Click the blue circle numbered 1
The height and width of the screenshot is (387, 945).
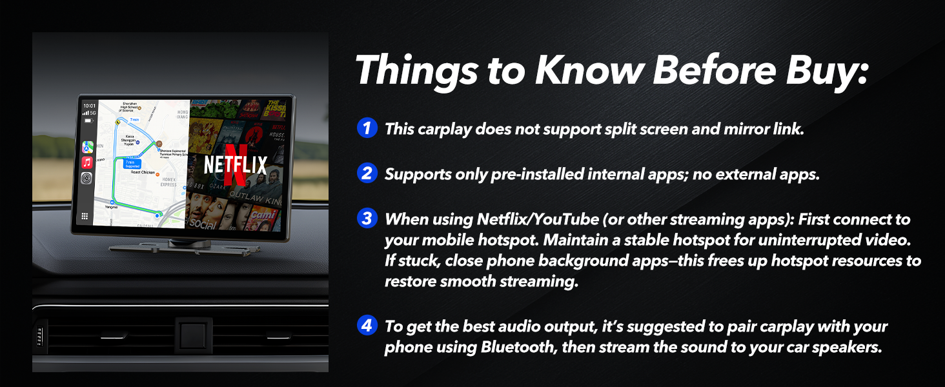tap(367, 128)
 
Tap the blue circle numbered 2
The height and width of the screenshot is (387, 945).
tap(367, 174)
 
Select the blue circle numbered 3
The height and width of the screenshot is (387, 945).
tap(367, 219)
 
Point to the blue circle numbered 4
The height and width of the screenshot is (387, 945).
tap(367, 326)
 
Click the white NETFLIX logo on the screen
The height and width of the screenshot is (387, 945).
tap(235, 165)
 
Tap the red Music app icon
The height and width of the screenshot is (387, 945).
tap(87, 162)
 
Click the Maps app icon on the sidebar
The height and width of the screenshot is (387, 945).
tap(87, 146)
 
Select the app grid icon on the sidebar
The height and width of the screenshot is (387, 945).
tap(85, 217)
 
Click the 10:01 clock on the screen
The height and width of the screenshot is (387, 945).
tap(90, 106)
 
